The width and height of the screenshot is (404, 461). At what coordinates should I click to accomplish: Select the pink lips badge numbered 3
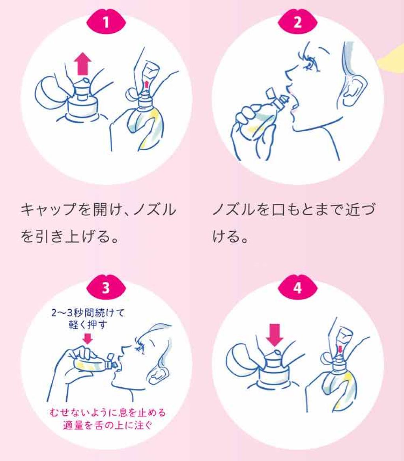coord(105,288)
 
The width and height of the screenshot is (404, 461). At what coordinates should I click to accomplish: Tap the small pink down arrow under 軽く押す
coord(88,338)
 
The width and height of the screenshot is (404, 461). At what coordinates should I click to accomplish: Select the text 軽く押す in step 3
coord(88,325)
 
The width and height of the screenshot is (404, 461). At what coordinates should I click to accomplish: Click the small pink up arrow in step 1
coord(147,84)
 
